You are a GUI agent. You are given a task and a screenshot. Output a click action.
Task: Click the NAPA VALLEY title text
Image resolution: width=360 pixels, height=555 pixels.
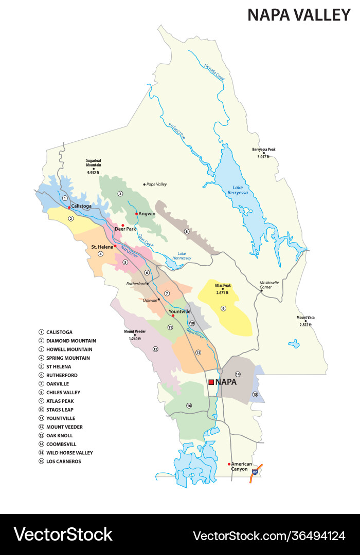click(x=299, y=15)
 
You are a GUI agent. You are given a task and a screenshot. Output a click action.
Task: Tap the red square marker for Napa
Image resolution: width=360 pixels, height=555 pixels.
click(x=211, y=382)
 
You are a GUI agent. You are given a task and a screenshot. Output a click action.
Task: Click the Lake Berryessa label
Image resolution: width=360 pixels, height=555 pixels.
click(x=237, y=190)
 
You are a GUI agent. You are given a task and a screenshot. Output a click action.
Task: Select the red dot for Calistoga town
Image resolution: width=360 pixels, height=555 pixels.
click(x=69, y=207)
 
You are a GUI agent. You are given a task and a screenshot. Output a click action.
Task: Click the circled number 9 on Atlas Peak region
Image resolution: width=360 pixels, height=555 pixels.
click(x=223, y=308)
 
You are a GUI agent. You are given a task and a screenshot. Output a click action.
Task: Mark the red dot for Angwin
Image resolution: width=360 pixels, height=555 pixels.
click(x=136, y=214)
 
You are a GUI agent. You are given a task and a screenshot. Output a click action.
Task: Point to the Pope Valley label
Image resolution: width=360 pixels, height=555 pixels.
click(x=156, y=184)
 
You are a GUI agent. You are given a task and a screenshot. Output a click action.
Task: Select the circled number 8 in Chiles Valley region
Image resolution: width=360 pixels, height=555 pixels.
click(x=187, y=232)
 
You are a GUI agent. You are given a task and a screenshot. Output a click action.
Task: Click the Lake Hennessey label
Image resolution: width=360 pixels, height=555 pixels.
click(x=184, y=255)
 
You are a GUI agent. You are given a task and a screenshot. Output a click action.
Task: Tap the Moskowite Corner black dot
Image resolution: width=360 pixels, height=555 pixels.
click(x=261, y=290)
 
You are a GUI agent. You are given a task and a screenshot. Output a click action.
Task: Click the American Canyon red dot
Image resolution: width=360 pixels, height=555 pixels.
click(x=229, y=464)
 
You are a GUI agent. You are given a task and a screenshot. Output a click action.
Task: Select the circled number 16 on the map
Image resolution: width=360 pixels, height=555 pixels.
click(x=189, y=406)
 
